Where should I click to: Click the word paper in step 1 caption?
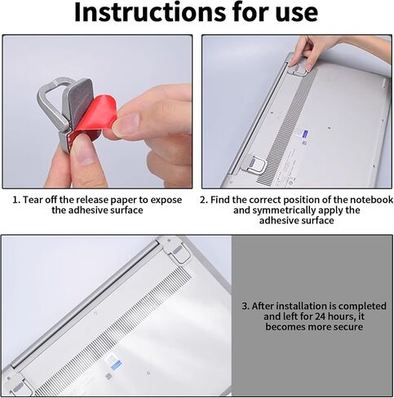[x=123, y=201]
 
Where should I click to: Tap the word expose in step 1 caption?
[x=166, y=201]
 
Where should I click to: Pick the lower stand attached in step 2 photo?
[x=255, y=164]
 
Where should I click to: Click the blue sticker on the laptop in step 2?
[x=304, y=134]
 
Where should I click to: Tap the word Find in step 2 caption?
[x=220, y=200]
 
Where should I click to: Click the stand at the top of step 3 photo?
[x=176, y=251]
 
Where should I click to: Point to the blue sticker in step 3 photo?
[x=116, y=365]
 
